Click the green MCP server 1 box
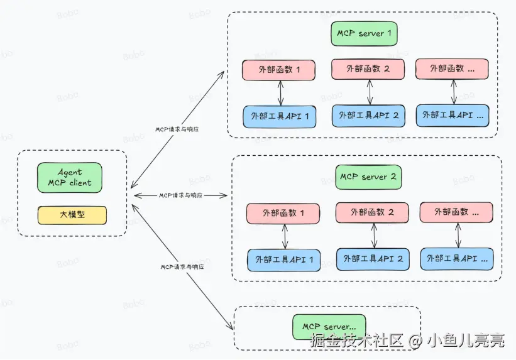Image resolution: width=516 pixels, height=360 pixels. tap(365, 33)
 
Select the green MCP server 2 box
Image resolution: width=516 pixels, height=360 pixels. tap(368, 177)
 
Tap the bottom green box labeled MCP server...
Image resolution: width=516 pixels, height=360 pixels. tap(329, 327)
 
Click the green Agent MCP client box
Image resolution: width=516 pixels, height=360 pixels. tap(69, 178)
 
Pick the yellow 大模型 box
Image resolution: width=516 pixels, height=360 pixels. tap(72, 215)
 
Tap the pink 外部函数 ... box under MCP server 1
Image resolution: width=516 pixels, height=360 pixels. tap(452, 68)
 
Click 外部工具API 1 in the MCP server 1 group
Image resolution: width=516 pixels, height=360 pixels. tap(280, 116)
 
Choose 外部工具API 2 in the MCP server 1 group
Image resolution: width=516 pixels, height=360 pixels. tap(368, 115)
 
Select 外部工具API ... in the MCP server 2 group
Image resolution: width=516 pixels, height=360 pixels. tap(456, 258)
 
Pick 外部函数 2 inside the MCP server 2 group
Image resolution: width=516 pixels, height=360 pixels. tap(372, 212)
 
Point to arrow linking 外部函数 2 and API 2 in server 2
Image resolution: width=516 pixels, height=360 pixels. tap(375, 236)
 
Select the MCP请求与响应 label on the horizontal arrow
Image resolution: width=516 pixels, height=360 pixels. tap(180, 195)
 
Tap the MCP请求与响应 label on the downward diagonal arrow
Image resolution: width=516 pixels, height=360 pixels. tap(182, 266)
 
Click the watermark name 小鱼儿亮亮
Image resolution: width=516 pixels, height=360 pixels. tap(466, 341)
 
